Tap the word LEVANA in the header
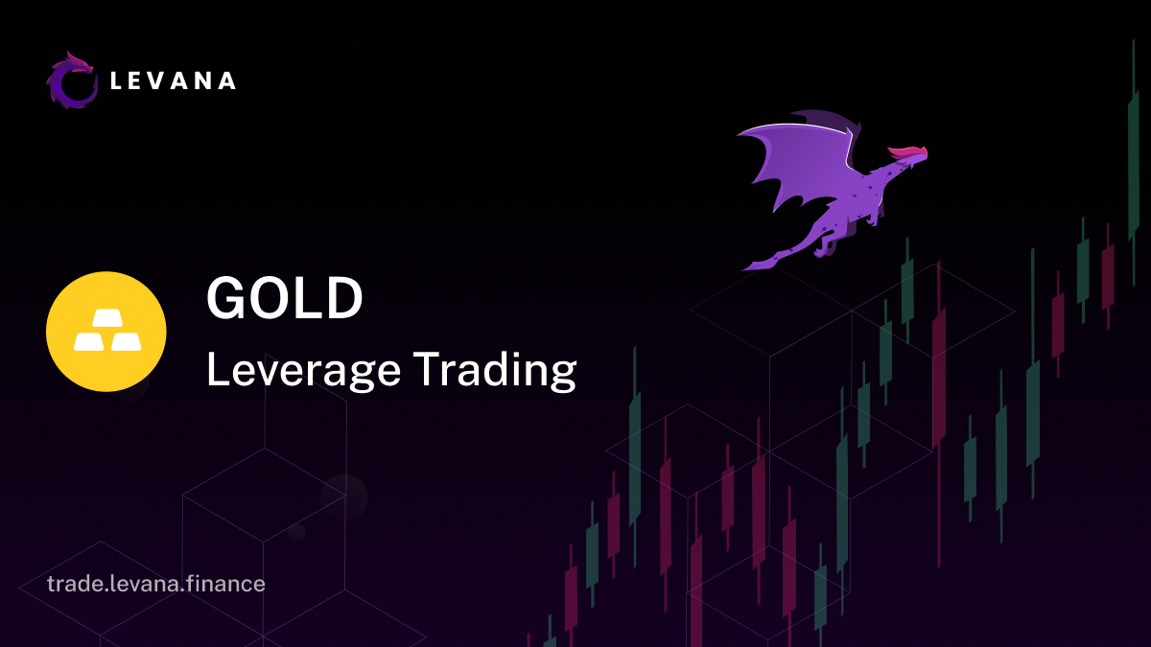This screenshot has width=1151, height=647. [174, 81]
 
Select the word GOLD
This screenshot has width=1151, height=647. [284, 298]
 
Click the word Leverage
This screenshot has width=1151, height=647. [303, 371]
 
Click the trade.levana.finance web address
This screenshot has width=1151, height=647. [156, 584]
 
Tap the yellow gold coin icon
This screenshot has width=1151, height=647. [106, 332]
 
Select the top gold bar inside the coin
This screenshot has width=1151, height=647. [107, 318]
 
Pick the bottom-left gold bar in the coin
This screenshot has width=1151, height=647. [89, 341]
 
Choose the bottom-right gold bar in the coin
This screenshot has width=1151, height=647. [126, 341]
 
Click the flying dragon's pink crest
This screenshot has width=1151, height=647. [907, 152]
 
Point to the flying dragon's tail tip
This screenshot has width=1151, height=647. [743, 268]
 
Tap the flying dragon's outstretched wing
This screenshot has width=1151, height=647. [802, 159]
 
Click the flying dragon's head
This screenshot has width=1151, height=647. [912, 159]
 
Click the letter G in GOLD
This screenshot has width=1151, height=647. [226, 298]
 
